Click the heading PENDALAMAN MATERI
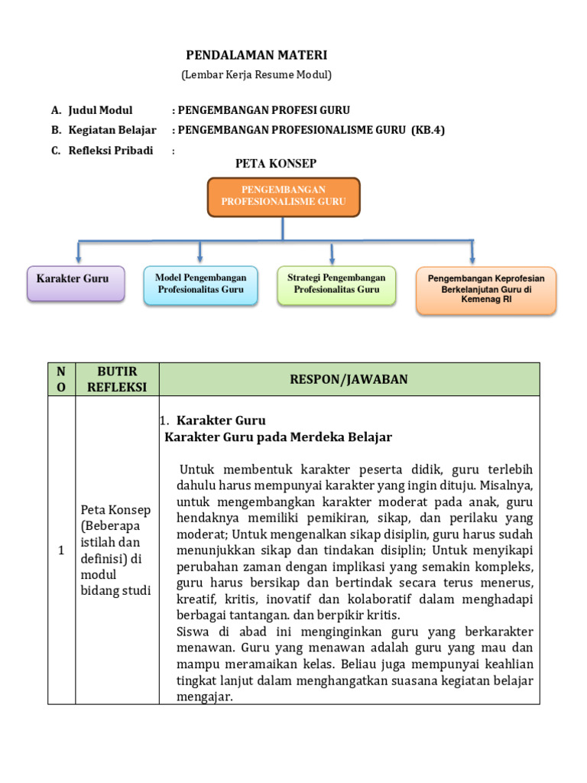[x=257, y=55]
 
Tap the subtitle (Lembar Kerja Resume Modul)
[x=256, y=75]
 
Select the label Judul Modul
[x=100, y=110]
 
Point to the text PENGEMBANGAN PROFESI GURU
[x=264, y=110]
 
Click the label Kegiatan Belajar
[x=112, y=130]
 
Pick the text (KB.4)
[x=428, y=130]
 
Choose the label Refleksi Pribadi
[x=111, y=150]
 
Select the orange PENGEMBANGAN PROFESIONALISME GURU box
[x=284, y=197]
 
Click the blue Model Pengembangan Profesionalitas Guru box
[x=200, y=284]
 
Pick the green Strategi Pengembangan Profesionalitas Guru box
[x=336, y=284]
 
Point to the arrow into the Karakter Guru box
[x=78, y=253]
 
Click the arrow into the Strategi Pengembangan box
[x=332, y=254]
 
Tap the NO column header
[x=61, y=379]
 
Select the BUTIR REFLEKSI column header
[x=116, y=379]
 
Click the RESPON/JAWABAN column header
[x=349, y=379]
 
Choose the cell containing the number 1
[x=61, y=551]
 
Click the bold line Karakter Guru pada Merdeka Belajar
[x=278, y=437]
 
